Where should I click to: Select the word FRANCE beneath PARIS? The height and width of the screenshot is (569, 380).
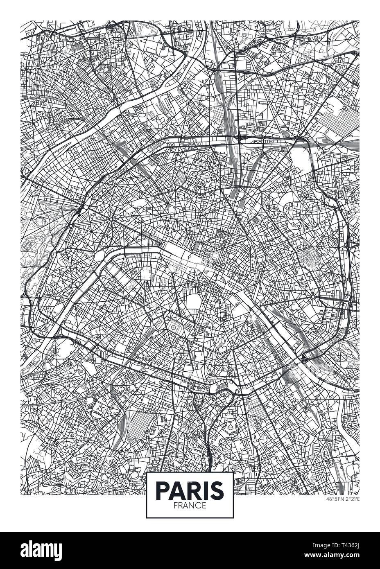190,505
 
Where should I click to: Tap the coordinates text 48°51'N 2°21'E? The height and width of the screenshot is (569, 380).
342,499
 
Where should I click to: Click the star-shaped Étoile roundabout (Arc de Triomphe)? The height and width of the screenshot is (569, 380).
111,220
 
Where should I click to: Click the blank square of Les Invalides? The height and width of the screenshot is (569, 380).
146,273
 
